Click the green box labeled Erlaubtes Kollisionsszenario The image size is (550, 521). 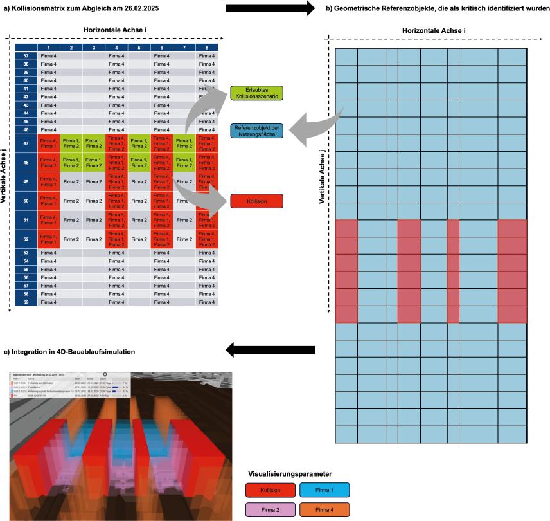(257, 93)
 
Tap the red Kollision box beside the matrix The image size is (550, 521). (257, 201)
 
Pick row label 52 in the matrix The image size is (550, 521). (26, 239)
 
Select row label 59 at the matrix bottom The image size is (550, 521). (26, 301)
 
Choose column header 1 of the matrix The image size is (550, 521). (48, 48)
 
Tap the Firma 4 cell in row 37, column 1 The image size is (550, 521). (48, 56)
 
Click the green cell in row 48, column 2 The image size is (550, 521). (71, 162)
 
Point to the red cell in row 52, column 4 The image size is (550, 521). (116, 239)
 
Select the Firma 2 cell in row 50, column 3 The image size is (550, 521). (94, 201)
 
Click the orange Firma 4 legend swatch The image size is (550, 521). (324, 509)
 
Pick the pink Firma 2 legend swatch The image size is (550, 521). (271, 509)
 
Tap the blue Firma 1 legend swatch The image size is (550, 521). (324, 490)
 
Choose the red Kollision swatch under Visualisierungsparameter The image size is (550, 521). (271, 490)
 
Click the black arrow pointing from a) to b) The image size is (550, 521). (269, 8)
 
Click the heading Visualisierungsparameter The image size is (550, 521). (290, 473)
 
